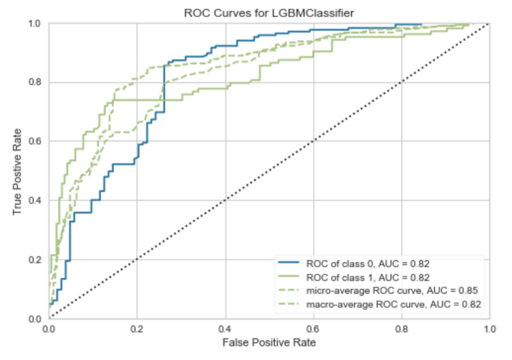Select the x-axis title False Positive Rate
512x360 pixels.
[x=269, y=342]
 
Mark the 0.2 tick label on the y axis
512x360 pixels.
[x=36, y=259]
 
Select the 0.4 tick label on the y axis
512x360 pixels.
[x=36, y=200]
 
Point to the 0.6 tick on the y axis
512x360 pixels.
[x=36, y=142]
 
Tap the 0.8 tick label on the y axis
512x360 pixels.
[x=36, y=83]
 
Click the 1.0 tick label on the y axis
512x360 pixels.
[x=36, y=24]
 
